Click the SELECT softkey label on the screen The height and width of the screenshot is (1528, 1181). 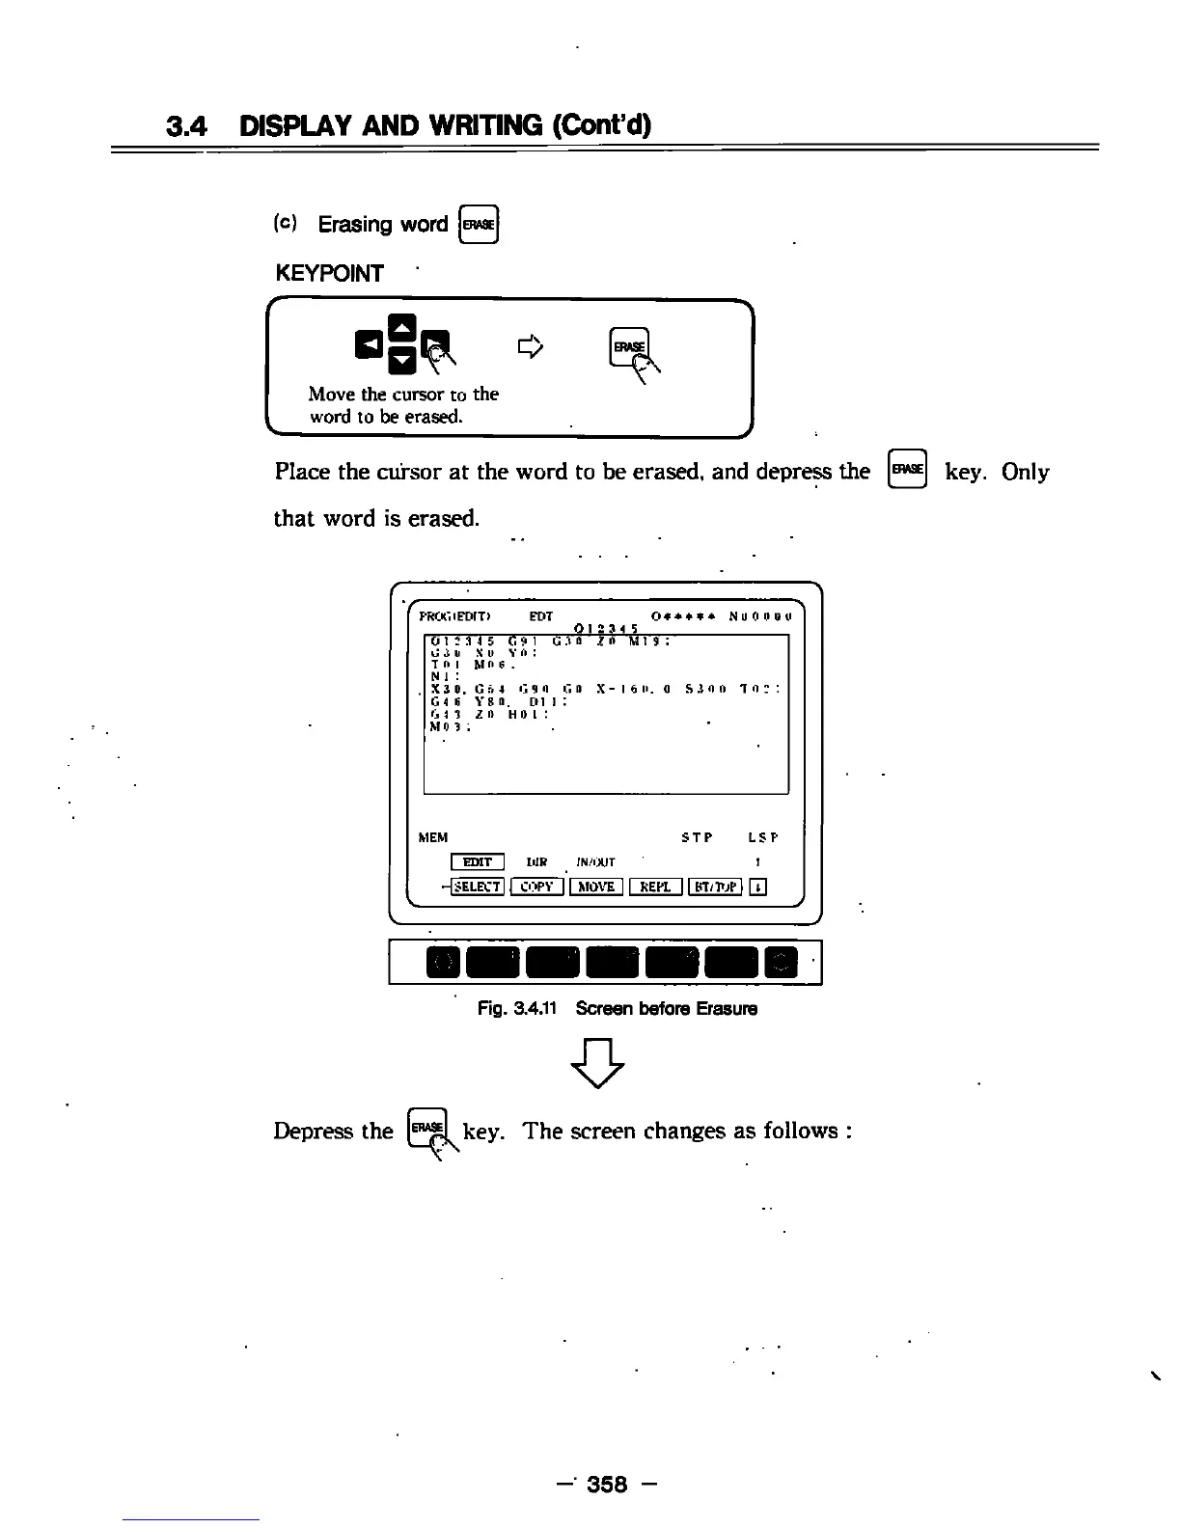pyautogui.click(x=477, y=887)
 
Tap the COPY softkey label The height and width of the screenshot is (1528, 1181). pyautogui.click(x=536, y=887)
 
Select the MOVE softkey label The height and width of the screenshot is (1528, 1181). pyautogui.click(x=596, y=887)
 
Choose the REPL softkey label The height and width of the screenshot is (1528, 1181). pyautogui.click(x=655, y=887)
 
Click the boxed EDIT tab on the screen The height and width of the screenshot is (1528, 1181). pyautogui.click(x=477, y=861)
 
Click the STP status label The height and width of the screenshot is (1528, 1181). pyautogui.click(x=697, y=837)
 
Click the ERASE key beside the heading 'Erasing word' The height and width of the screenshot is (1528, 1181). pyautogui.click(x=480, y=225)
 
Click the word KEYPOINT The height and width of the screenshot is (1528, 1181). pyautogui.click(x=329, y=274)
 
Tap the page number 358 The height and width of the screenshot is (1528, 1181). pyautogui.click(x=607, y=1484)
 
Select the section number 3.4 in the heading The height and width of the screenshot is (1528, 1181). pyautogui.click(x=188, y=125)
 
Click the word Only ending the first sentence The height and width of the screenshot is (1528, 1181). pyautogui.click(x=1025, y=472)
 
